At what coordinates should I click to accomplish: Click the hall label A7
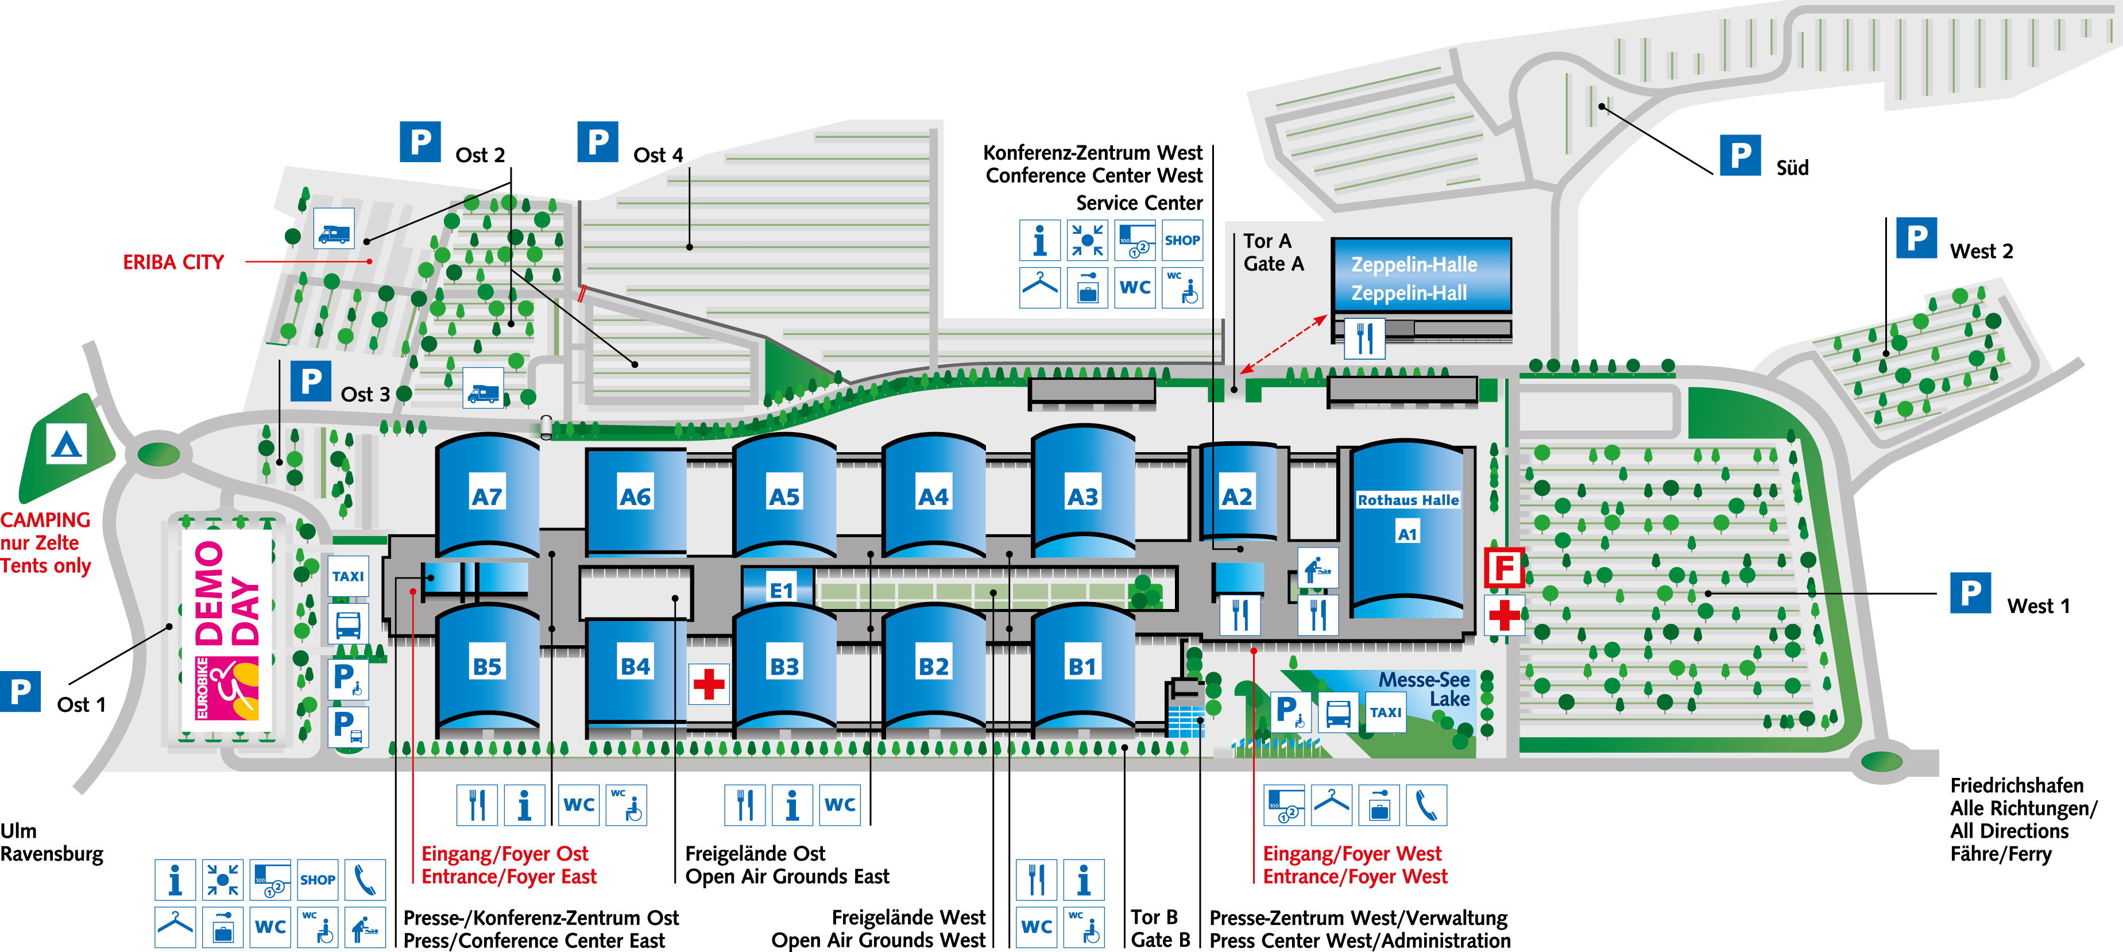[486, 497]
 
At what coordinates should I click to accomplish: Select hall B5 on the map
[486, 666]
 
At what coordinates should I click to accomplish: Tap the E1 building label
[780, 590]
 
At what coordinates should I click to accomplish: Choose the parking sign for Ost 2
[420, 142]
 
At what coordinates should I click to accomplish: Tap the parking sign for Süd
[1740, 155]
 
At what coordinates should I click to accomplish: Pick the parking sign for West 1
[1970, 593]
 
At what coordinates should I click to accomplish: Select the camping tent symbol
[67, 446]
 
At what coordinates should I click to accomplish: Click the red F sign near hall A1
[1504, 568]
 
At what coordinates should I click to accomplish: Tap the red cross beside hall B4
[709, 683]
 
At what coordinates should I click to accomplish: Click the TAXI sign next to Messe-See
[1386, 712]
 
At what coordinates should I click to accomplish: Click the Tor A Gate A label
[1273, 252]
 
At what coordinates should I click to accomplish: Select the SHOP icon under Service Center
[1182, 241]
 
